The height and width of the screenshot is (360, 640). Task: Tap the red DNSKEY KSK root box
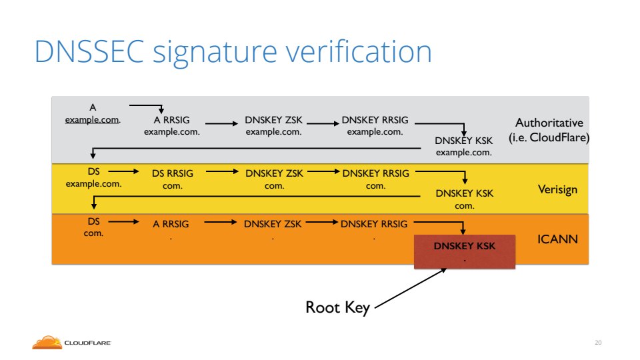coord(465,251)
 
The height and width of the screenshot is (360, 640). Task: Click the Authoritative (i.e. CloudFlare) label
coord(549,131)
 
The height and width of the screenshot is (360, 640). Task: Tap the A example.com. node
coord(93,113)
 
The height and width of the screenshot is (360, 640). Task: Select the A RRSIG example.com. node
coord(172,126)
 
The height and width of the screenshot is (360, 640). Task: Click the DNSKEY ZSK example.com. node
coord(274,126)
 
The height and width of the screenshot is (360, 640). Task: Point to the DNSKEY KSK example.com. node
coord(464,147)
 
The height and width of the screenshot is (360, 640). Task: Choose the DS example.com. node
coord(93,177)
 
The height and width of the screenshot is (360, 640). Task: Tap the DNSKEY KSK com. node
coord(465,199)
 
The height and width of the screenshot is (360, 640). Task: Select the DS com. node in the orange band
coord(93,225)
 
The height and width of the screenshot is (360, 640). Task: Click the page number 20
coord(598,343)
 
